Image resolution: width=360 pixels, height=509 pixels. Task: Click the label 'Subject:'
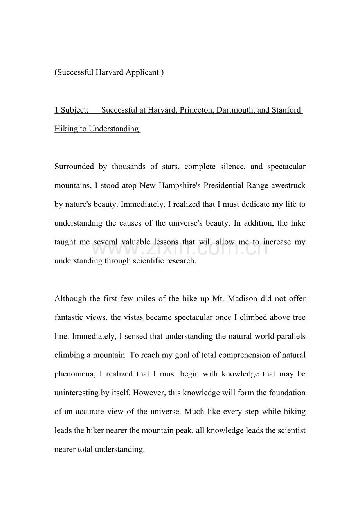pyautogui.click(x=74, y=110)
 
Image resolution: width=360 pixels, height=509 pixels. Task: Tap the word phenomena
pyautogui.click(x=74, y=374)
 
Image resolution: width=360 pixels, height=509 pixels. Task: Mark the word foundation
pyautogui.click(x=287, y=393)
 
